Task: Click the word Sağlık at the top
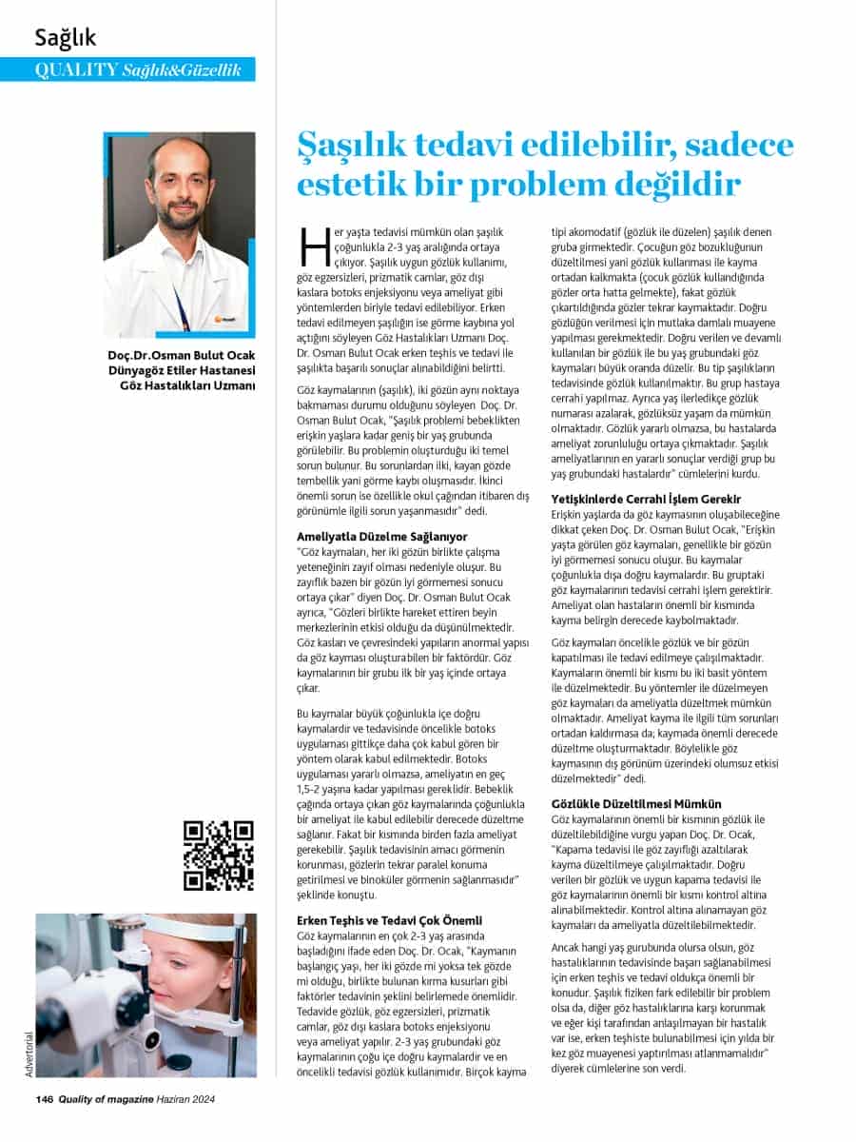66,38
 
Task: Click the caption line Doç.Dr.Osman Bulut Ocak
182,357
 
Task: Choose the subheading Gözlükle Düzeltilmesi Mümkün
636,804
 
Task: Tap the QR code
219,855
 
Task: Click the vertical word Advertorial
29,1053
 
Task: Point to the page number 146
43,1100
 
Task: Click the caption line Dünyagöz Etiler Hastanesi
184,371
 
